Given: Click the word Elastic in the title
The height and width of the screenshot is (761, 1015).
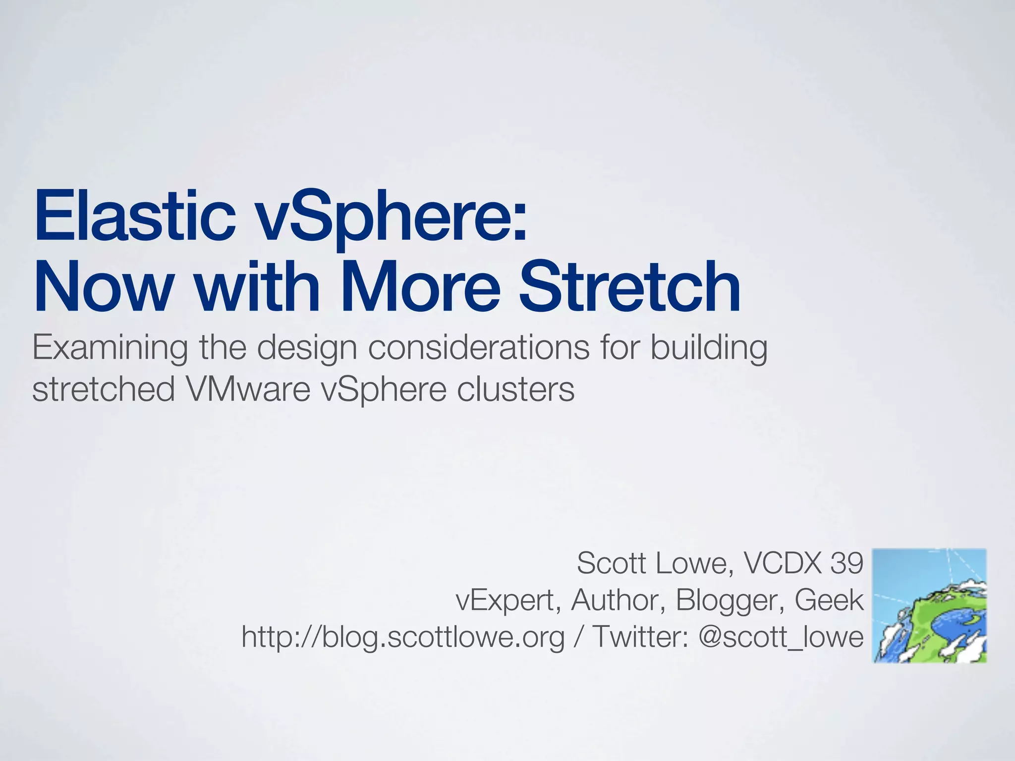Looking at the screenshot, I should tap(134, 217).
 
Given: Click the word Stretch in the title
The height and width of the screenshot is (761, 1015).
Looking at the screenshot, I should tap(629, 287).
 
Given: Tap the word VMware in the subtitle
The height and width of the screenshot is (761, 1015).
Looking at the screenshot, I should tap(248, 389).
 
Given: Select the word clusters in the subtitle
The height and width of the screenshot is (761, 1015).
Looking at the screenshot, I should tap(515, 389).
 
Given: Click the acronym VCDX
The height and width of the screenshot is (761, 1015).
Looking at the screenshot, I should tap(783, 563).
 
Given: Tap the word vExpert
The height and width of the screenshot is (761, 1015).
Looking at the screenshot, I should tap(508, 601).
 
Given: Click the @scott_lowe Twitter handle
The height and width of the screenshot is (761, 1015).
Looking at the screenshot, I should tap(781, 637).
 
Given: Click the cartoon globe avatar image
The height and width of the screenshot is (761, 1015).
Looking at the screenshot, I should tap(929, 605).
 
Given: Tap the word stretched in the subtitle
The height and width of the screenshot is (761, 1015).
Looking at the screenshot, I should tap(103, 389).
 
